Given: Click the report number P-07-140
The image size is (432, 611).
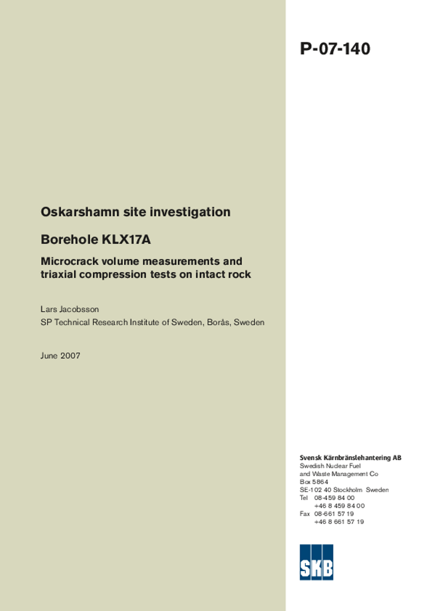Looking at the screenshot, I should click(x=335, y=49).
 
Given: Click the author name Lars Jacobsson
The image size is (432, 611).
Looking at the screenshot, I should click(x=70, y=310).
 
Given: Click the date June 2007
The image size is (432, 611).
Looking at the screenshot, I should click(x=60, y=356).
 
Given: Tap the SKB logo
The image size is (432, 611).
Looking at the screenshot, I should click(x=316, y=562).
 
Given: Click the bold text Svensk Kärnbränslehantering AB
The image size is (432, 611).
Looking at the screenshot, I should click(x=350, y=458).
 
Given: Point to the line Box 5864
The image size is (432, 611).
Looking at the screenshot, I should click(x=314, y=482).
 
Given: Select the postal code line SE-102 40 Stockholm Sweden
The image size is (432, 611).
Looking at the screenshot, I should click(x=344, y=490).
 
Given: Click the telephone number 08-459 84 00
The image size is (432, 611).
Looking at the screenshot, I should click(x=334, y=498).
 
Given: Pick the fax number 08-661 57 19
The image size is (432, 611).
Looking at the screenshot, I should click(x=334, y=514).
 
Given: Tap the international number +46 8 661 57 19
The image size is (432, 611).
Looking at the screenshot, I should click(x=339, y=521).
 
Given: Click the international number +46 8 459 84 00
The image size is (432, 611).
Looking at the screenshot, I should click(x=339, y=505).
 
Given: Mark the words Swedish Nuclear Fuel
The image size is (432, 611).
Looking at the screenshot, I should click(x=330, y=465).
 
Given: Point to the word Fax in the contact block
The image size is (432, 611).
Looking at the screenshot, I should click(x=305, y=514).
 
